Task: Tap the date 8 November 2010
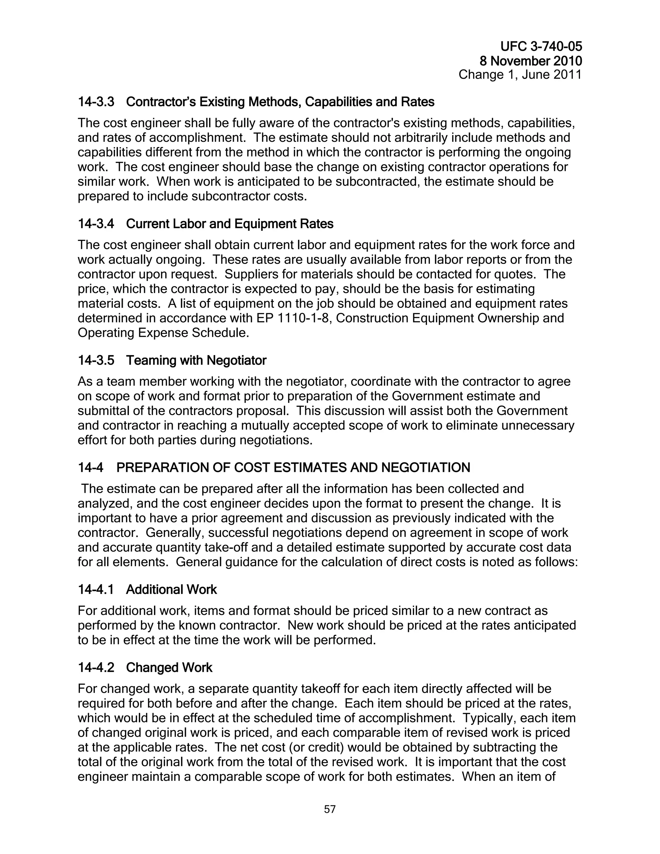click(x=530, y=61)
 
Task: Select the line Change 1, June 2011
click(x=519, y=75)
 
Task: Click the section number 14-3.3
click(x=96, y=102)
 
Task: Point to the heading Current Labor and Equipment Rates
click(x=229, y=224)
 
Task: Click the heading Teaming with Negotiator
click(x=196, y=360)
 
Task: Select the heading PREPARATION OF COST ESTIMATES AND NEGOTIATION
click(x=293, y=468)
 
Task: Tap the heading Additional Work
click(x=171, y=590)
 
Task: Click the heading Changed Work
click(x=169, y=667)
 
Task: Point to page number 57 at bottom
click(x=330, y=810)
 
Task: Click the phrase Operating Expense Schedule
click(x=163, y=333)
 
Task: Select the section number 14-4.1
click(x=96, y=590)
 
